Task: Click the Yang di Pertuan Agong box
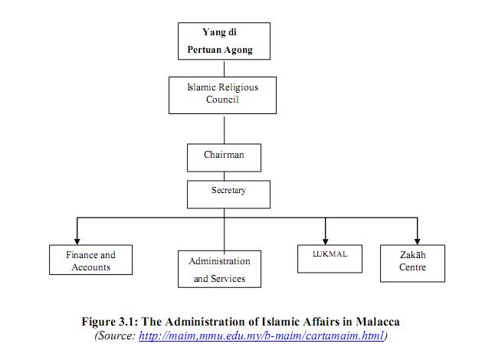click(224, 41)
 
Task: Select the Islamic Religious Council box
click(222, 95)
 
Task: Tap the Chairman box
click(224, 158)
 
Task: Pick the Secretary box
click(228, 195)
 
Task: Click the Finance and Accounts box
click(90, 260)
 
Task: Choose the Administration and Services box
click(219, 269)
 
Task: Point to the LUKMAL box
click(329, 259)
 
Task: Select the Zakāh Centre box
click(412, 263)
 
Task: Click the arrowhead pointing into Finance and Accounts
click(77, 242)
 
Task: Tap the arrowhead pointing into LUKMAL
click(326, 242)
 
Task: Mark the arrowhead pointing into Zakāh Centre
click(418, 242)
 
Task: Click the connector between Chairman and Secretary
click(225, 176)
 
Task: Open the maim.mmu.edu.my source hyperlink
click(261, 335)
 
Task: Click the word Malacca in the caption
click(378, 322)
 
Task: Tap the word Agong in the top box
click(238, 50)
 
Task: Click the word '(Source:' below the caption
click(115, 335)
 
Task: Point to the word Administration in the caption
click(205, 322)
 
